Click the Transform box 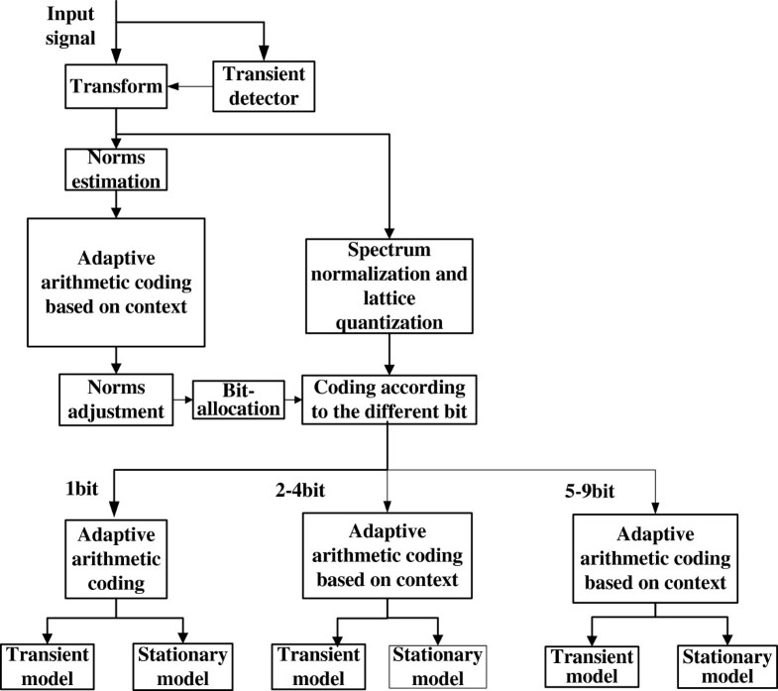(117, 87)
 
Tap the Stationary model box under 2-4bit (435, 663)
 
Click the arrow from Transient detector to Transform (191, 87)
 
